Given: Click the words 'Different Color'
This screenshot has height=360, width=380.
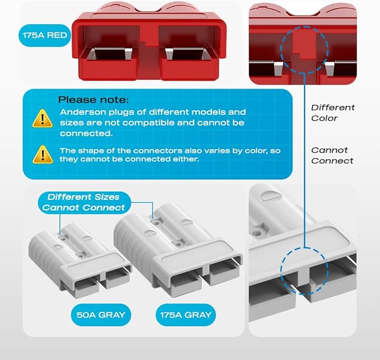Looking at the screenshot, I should (332, 113).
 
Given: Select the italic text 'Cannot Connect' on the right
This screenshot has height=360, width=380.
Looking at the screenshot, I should (332, 155).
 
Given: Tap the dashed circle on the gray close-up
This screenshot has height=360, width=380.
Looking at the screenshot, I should (303, 270).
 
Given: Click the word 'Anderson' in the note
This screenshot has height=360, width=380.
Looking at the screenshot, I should (79, 112).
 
